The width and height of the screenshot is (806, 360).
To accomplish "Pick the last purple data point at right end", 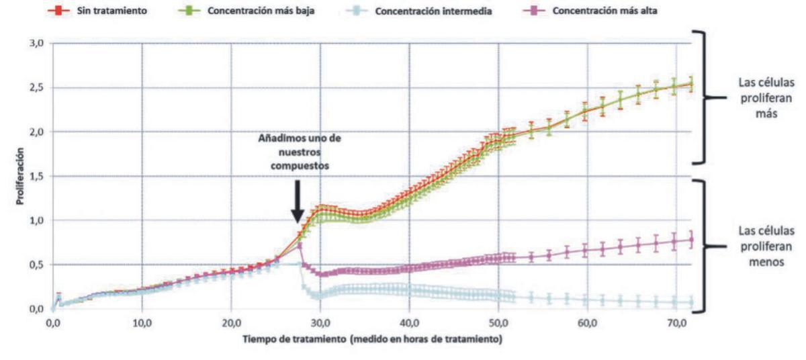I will tap(691, 240).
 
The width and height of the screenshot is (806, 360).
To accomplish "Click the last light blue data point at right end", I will tap(691, 303).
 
